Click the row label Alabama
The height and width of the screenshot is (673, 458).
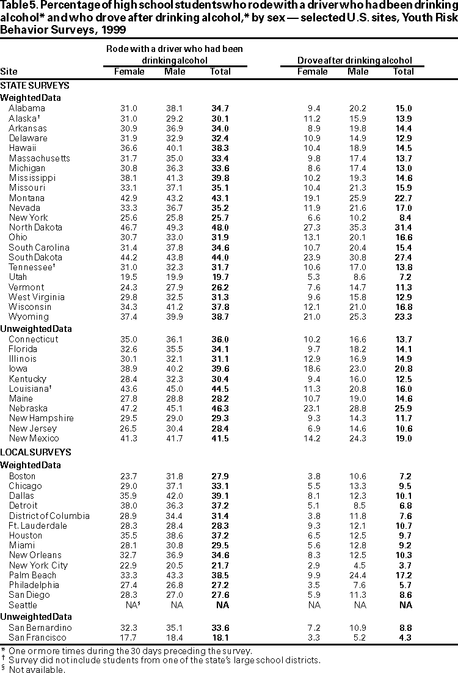coord(27,108)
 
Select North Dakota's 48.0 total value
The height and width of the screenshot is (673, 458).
coord(220,227)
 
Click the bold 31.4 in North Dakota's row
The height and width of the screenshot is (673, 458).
coord(404,227)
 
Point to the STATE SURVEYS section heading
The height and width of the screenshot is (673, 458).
coord(35,86)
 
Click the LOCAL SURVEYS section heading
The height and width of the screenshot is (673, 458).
coord(35,452)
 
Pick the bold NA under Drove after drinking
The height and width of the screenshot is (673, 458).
coord(404,605)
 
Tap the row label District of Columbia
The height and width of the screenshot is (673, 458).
coord(49,516)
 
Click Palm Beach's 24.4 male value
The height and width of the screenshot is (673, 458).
coord(358,575)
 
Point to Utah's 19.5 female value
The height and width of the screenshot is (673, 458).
coord(129,277)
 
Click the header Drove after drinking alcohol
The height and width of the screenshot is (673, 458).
coord(354,61)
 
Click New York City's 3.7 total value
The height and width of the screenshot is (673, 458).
coord(404,565)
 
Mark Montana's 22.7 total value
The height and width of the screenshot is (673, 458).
coord(404,198)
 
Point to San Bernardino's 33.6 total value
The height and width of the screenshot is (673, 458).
coord(220,628)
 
